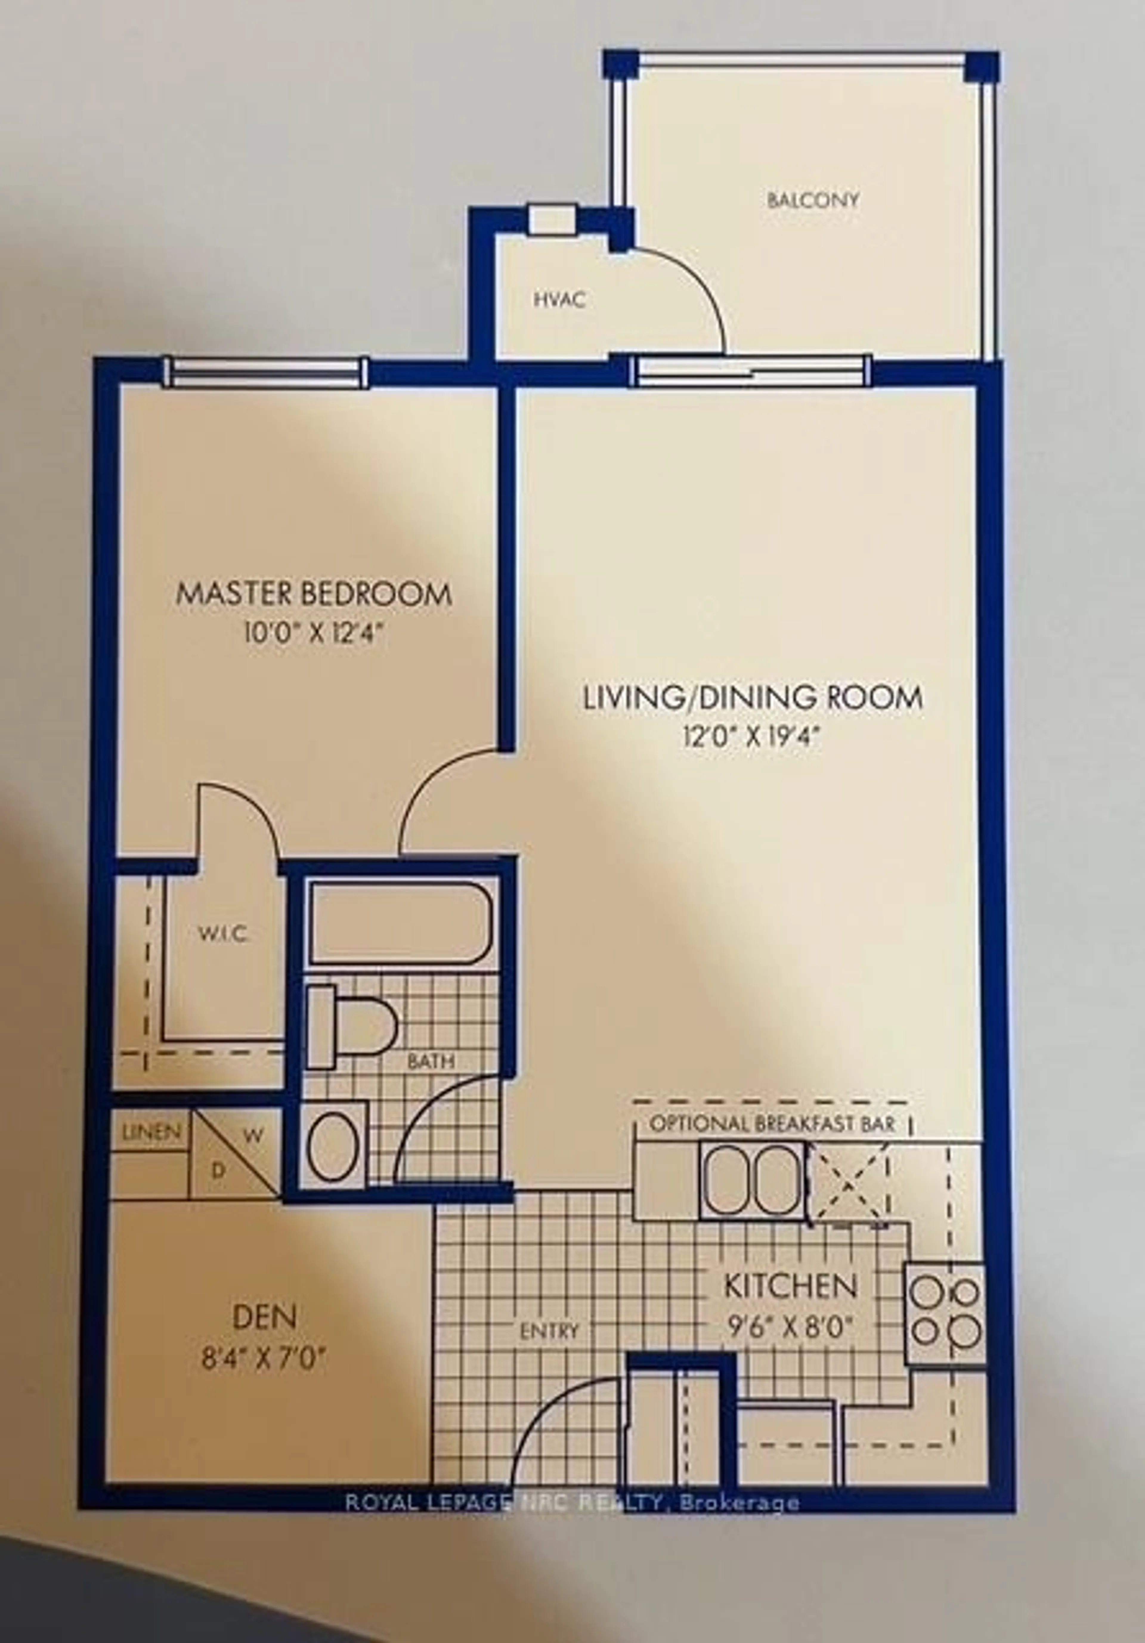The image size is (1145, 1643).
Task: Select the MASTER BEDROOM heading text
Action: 314,595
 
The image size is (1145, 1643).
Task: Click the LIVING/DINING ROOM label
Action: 753,698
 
